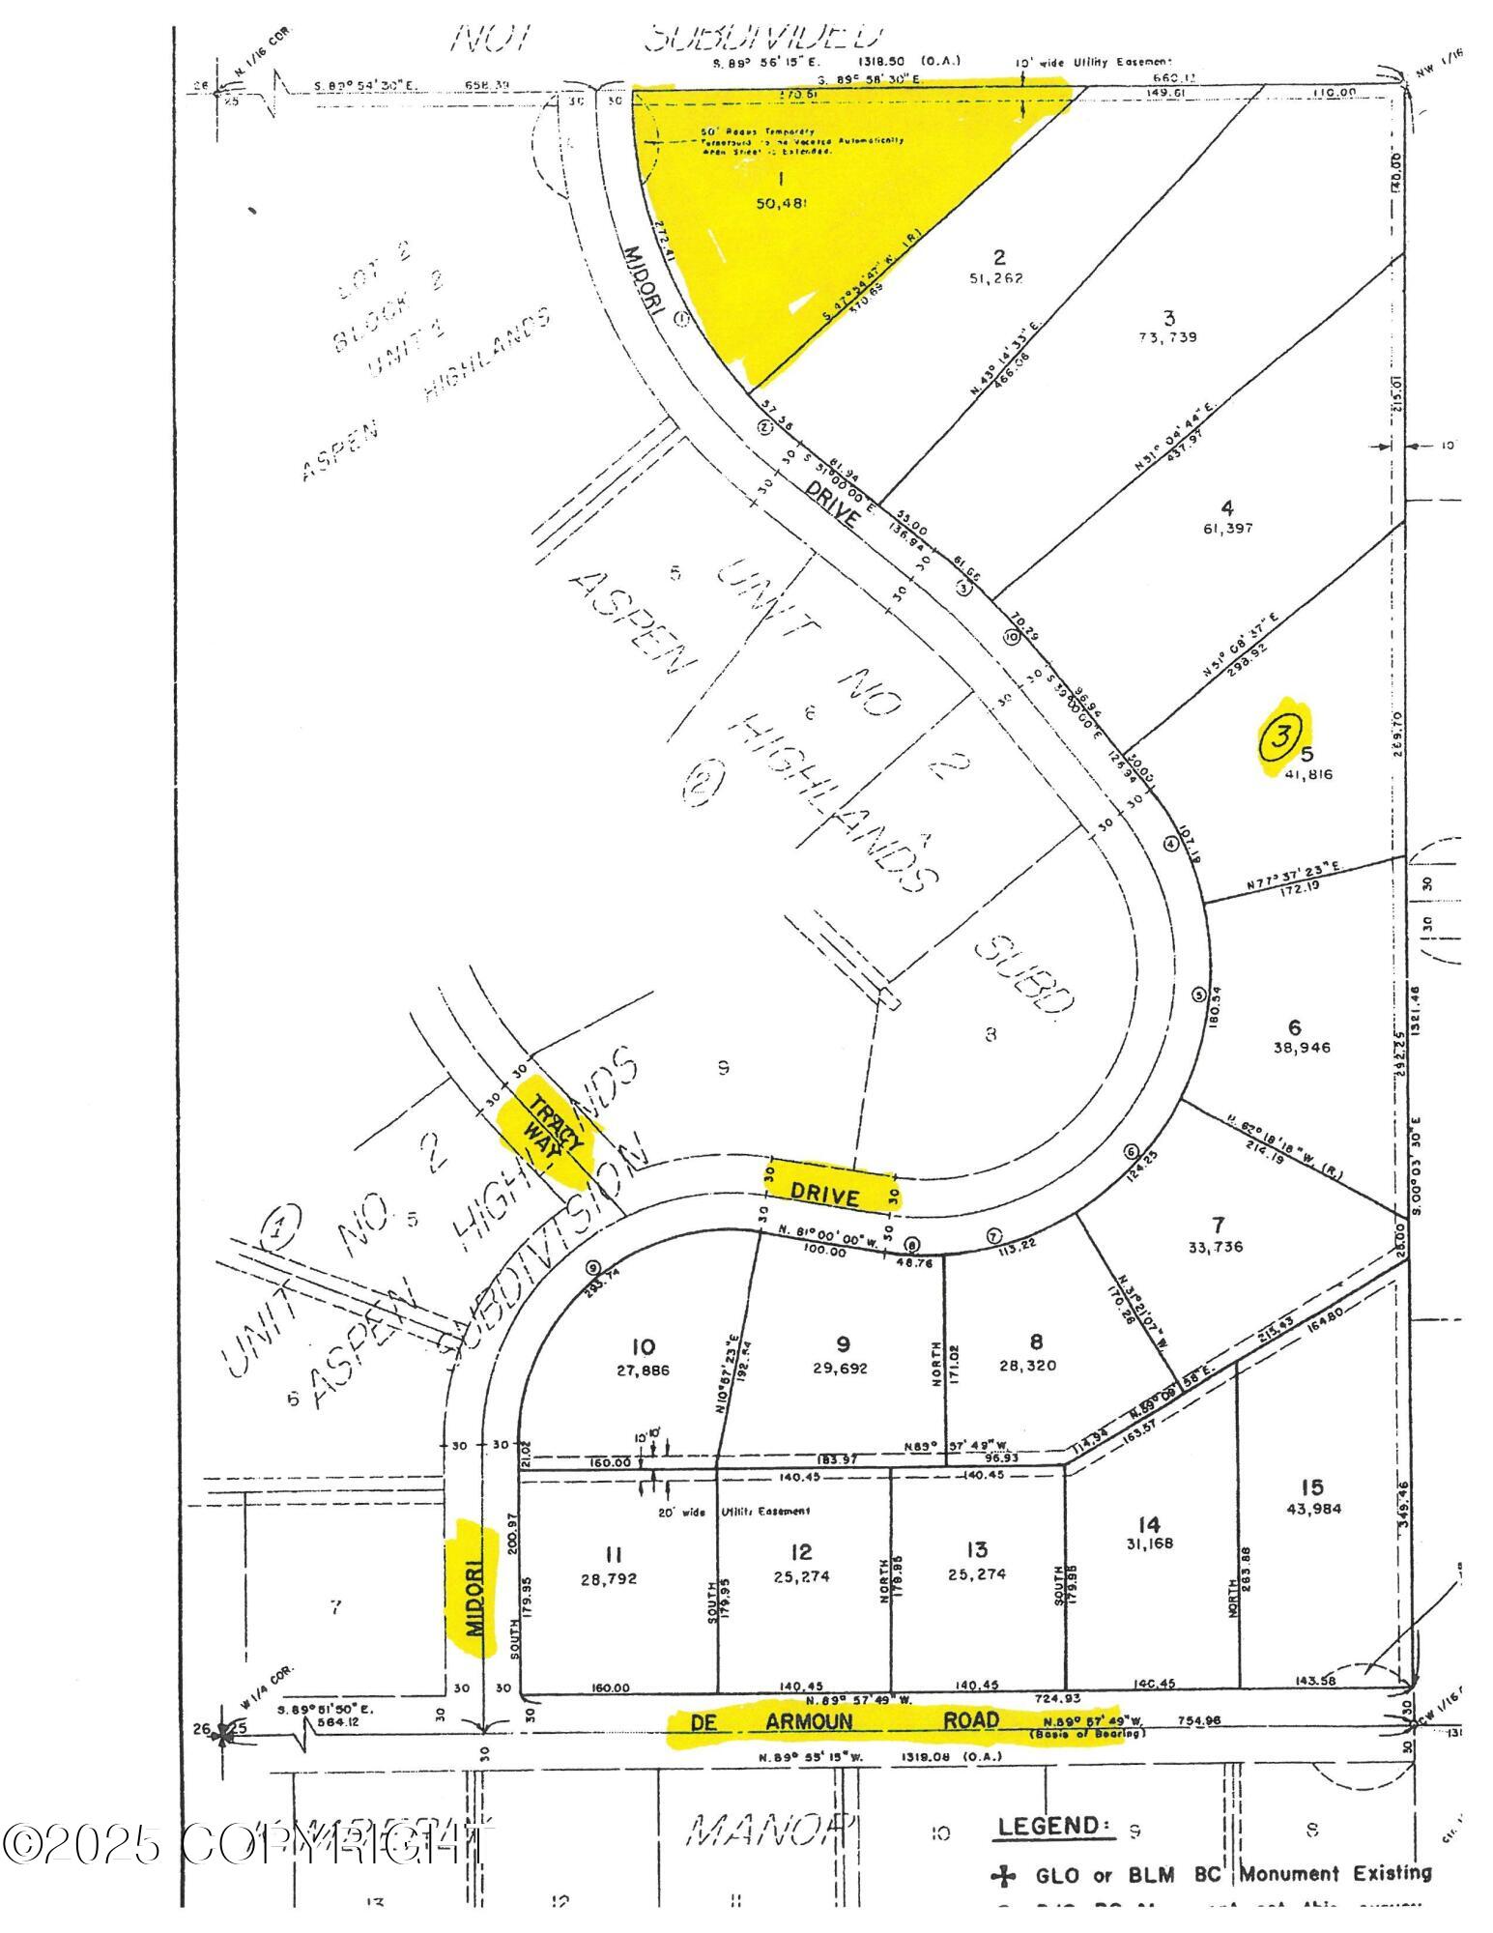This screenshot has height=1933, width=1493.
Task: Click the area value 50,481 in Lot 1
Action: (x=783, y=203)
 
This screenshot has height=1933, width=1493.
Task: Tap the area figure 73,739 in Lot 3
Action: (x=1168, y=337)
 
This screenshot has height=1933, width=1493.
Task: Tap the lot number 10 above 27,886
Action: (x=643, y=1346)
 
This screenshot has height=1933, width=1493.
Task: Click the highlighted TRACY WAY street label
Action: (x=550, y=1128)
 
